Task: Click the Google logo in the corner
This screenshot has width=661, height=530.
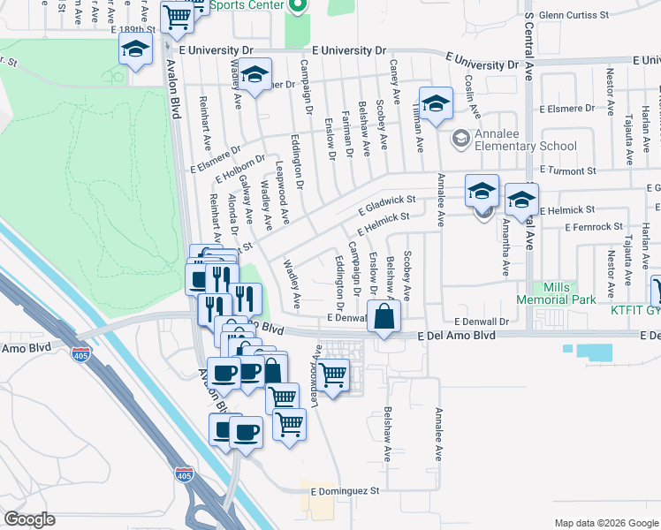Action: point(29,519)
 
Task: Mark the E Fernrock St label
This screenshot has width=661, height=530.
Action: point(574,227)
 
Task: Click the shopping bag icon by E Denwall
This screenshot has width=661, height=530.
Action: point(384,317)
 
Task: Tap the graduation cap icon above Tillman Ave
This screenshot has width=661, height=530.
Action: point(436,103)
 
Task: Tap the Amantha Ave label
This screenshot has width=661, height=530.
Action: point(505,252)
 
